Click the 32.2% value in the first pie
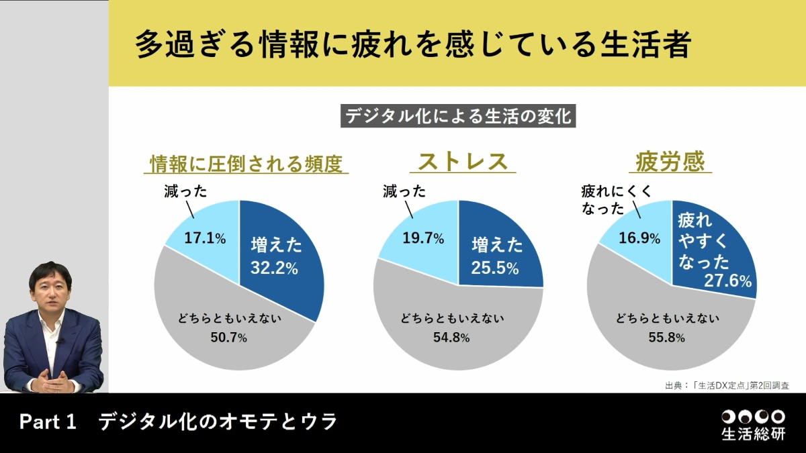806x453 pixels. click(274, 268)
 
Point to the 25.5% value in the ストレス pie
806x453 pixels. click(495, 268)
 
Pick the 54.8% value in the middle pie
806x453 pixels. click(451, 338)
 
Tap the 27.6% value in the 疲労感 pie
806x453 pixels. click(727, 281)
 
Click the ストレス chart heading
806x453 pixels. click(462, 162)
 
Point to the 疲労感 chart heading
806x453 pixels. click(672, 162)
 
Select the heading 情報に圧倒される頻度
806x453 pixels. click(247, 163)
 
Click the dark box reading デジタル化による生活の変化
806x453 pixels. click(458, 116)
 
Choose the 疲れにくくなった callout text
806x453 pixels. click(616, 201)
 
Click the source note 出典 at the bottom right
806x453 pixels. click(726, 386)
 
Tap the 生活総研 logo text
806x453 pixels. click(752, 434)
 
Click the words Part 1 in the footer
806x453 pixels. click(48, 422)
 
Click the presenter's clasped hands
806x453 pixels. click(52, 383)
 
